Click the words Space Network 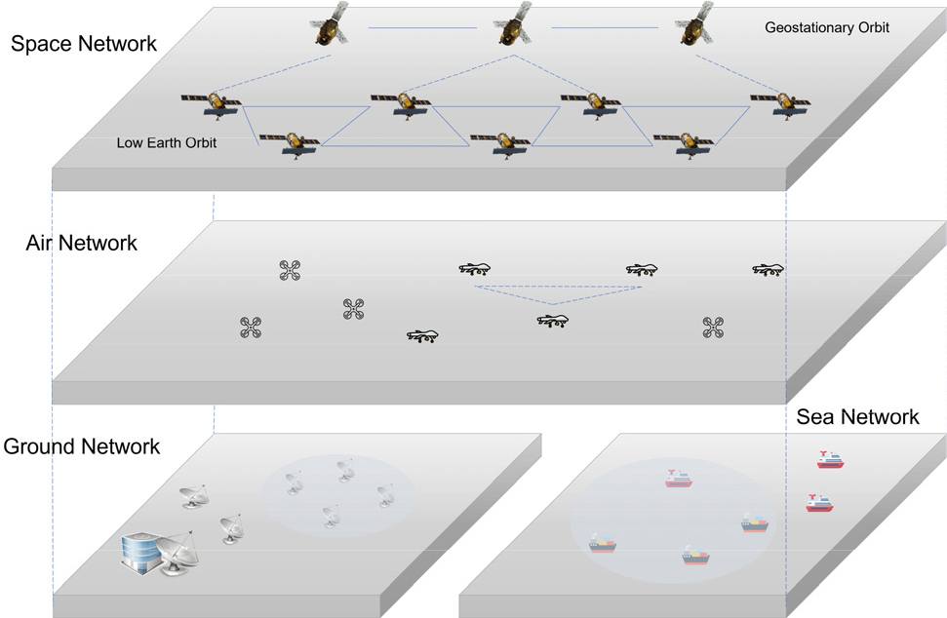click(84, 44)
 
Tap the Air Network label click(82, 243)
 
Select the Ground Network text click(82, 446)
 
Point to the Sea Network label click(857, 417)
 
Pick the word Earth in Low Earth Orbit click(167, 143)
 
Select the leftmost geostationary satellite click(330, 25)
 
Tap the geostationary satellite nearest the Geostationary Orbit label click(695, 25)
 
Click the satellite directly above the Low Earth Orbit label click(212, 105)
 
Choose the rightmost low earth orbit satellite click(780, 105)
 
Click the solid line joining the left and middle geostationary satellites click(422, 27)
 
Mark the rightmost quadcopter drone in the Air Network click(713, 328)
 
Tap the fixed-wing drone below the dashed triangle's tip click(553, 321)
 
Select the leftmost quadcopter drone click(251, 328)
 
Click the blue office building click(140, 553)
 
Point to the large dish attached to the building click(178, 553)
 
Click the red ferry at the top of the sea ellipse click(678, 479)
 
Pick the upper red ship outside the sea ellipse click(830, 460)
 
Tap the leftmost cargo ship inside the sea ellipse click(602, 544)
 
